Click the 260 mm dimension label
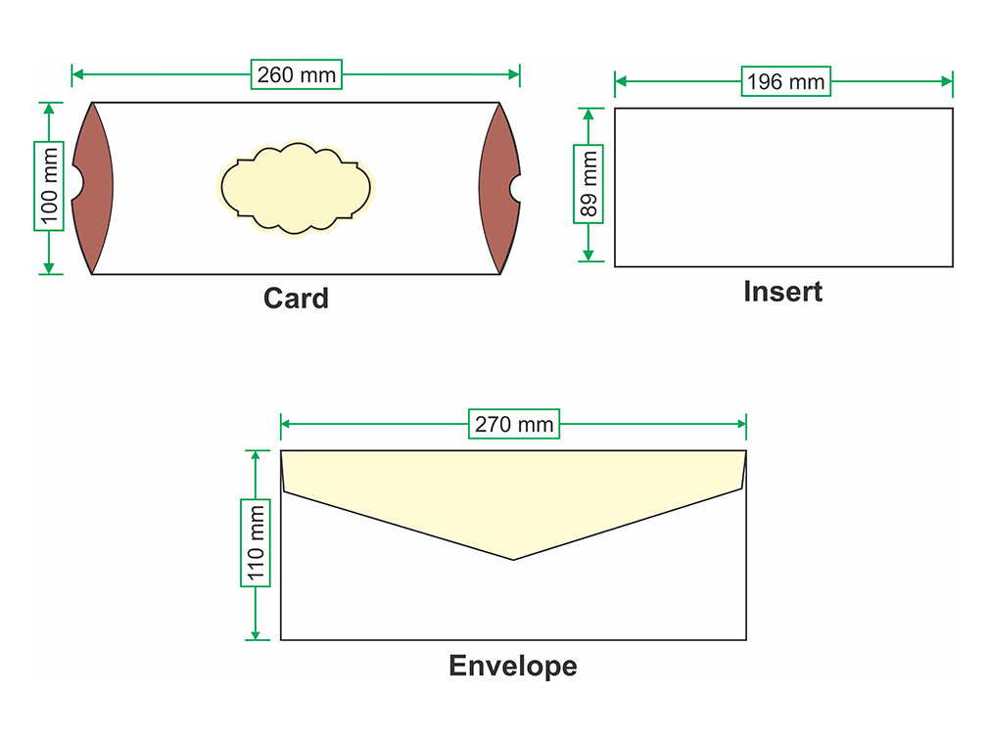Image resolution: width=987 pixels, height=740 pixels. pos(296,74)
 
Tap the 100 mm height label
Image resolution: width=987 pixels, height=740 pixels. pos(49,186)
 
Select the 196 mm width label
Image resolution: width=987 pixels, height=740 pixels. pos(785,81)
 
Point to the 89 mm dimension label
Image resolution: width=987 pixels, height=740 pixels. pos(587,184)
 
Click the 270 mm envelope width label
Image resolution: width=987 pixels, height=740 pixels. pos(514,424)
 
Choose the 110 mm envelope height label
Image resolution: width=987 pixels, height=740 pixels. pos(256,543)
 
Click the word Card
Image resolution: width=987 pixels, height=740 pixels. pos(296,298)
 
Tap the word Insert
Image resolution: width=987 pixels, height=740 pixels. pos(782,291)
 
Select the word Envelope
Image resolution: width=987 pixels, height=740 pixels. pos(513,667)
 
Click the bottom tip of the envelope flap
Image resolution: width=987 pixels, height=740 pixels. pos(514,558)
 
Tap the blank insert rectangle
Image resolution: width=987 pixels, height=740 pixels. pos(783,187)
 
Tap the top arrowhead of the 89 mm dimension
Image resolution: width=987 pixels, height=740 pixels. pos(587,113)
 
